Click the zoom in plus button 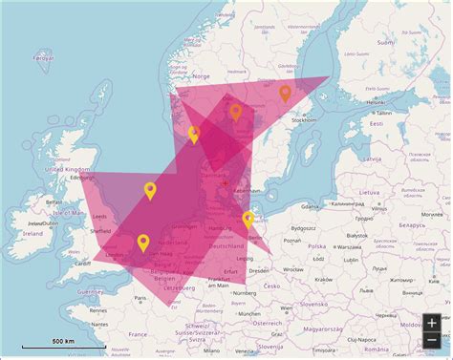coord(432,323)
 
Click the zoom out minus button coord(432,341)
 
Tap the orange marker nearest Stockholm coord(285,93)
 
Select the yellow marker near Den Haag coord(143,244)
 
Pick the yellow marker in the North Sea coord(150,190)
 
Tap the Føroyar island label coord(44,57)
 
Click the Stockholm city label coord(305,120)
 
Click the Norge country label coord(201,76)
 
